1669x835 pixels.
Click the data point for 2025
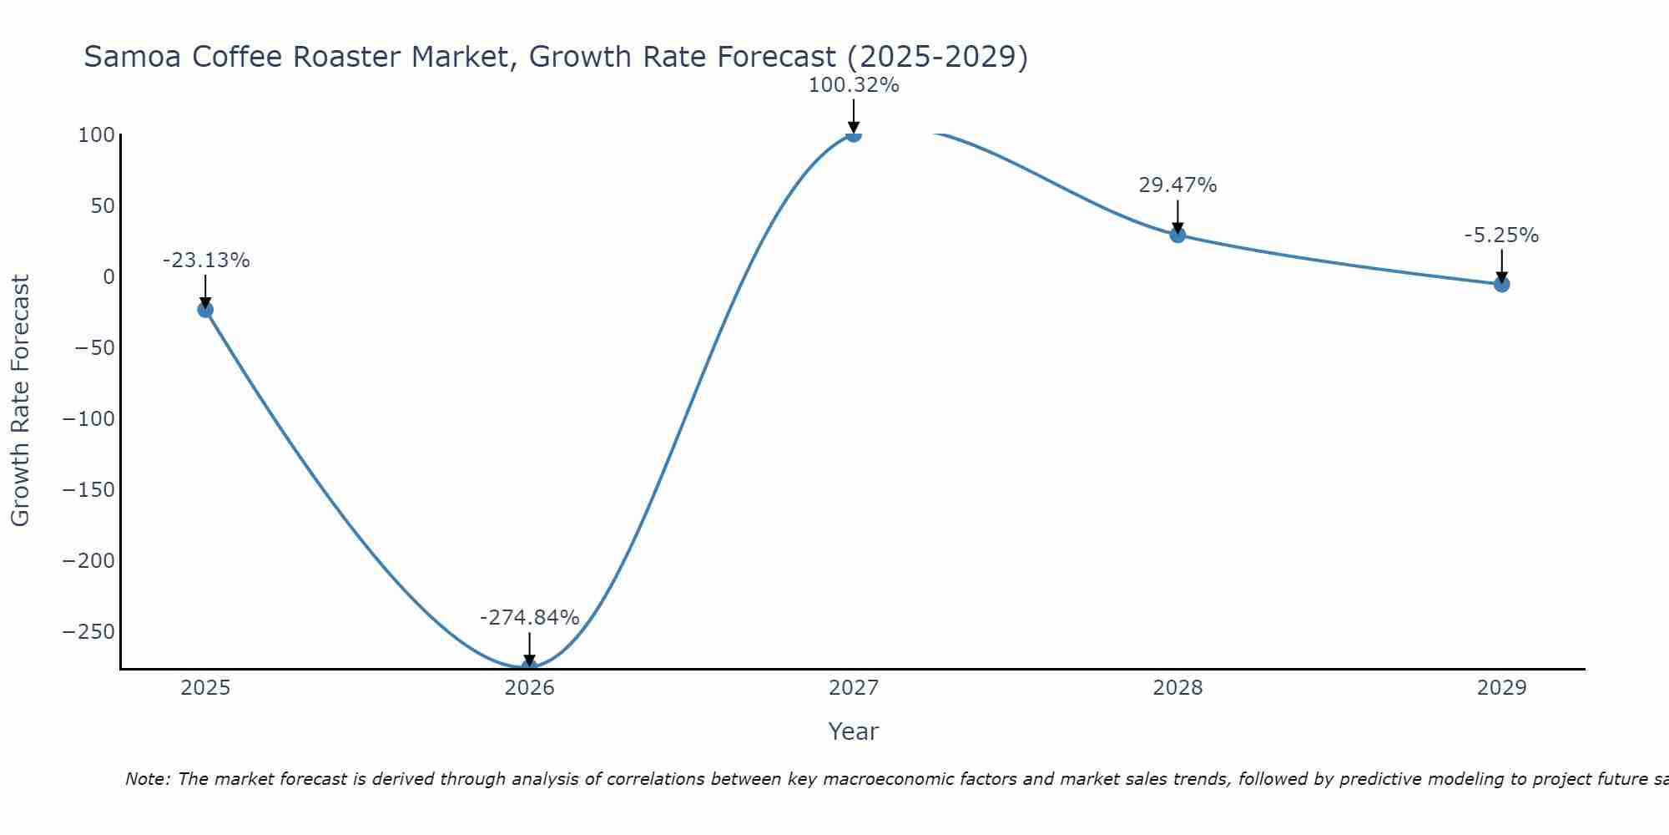205,310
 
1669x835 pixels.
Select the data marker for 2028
1177,235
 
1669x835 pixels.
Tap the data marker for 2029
1501,284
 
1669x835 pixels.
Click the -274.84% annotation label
529,618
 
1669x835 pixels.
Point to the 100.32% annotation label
853,85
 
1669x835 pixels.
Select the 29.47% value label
1177,185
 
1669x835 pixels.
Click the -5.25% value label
1501,235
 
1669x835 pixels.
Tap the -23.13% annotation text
205,261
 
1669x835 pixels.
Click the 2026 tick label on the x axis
529,688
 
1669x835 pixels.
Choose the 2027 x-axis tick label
853,688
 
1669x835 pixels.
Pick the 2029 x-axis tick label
1501,688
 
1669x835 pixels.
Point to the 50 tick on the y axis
103,206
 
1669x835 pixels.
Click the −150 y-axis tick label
88,489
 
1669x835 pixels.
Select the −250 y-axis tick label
88,631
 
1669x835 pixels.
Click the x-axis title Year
853,731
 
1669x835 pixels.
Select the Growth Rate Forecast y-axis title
20,401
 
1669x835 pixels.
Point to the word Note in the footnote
147,779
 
